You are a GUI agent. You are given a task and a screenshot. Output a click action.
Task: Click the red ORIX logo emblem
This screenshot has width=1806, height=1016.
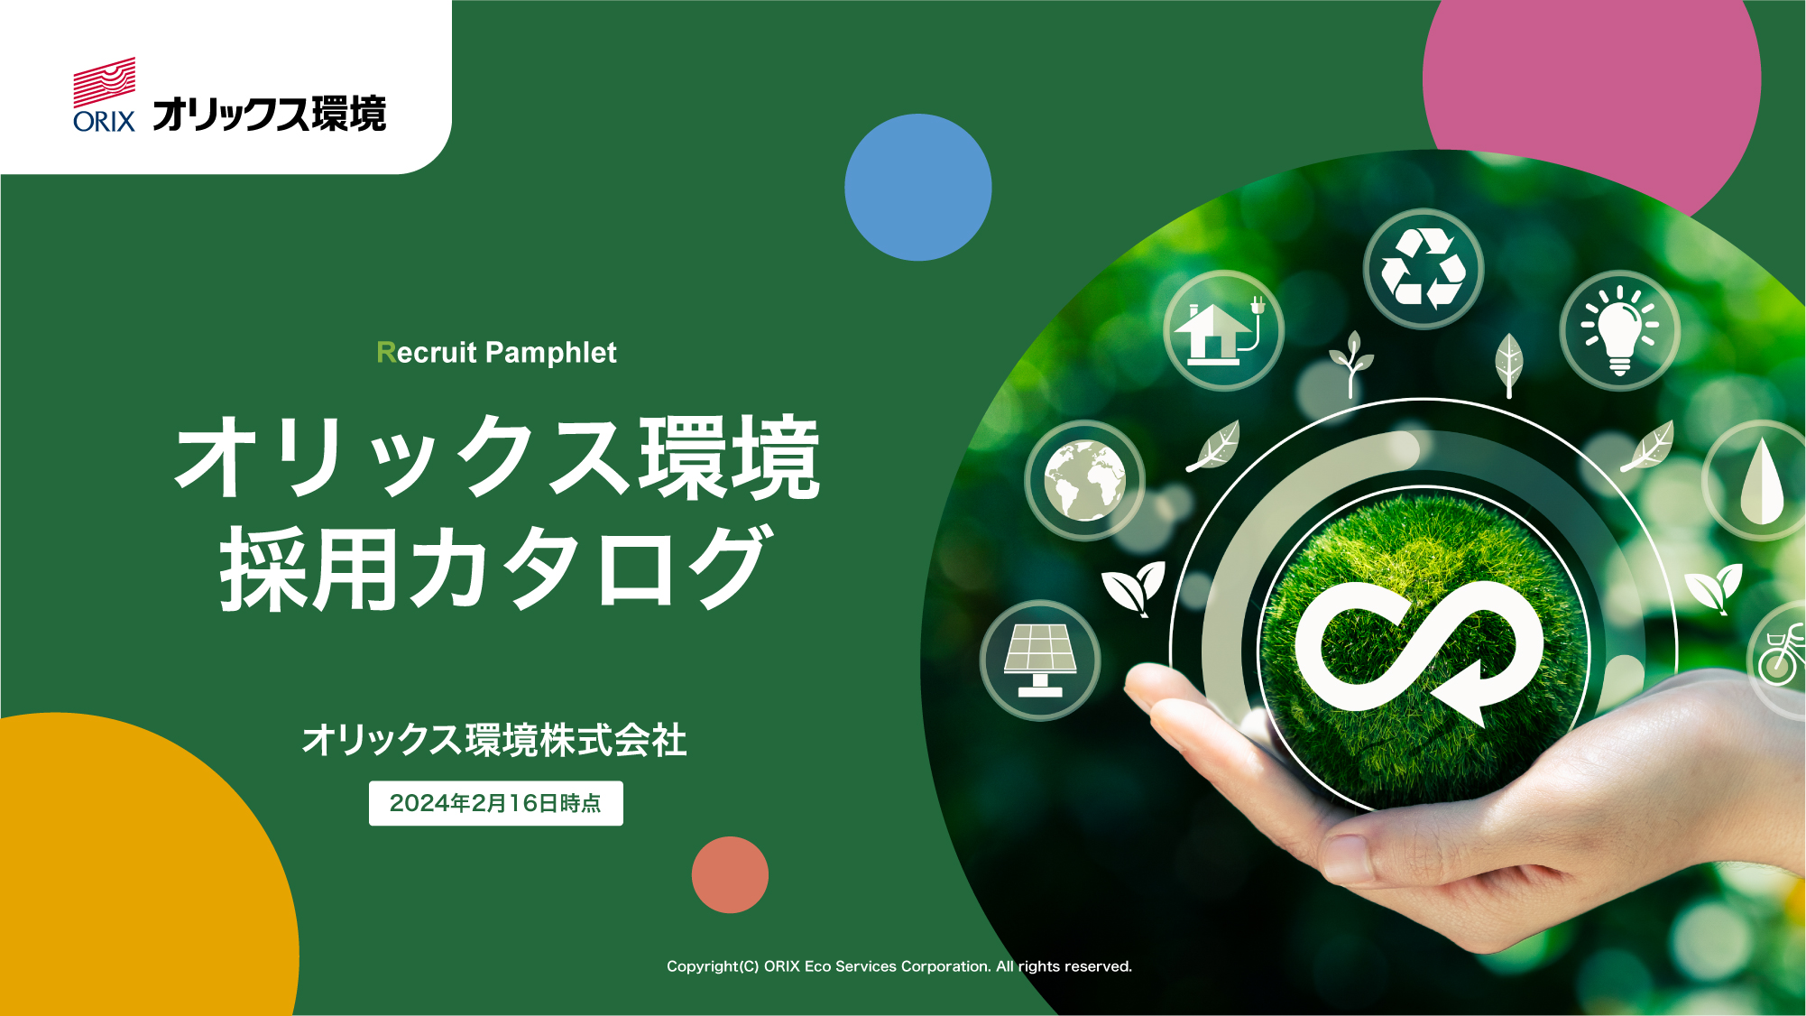coord(105,82)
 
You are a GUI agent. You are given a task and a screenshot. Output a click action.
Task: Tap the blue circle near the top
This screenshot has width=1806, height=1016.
coord(918,188)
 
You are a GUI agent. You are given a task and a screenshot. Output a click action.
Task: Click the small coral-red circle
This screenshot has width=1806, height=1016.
coord(730,874)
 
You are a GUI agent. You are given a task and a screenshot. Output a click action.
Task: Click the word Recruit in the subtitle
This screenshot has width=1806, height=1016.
coord(427,352)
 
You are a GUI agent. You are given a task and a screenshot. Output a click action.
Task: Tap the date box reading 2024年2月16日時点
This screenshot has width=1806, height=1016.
coord(495,803)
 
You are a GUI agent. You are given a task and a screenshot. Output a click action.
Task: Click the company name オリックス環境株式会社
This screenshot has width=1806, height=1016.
coord(494,740)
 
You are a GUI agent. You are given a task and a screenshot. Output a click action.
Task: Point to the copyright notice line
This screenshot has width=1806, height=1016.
coord(898,966)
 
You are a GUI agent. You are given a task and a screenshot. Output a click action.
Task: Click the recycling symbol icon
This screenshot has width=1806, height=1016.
coord(1424,269)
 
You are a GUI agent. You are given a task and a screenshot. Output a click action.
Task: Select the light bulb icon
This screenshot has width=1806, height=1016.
coord(1620,330)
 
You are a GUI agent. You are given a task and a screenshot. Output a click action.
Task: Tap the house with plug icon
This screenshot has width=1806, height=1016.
coord(1223,330)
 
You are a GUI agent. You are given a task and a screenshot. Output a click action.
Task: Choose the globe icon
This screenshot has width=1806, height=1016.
coord(1085,481)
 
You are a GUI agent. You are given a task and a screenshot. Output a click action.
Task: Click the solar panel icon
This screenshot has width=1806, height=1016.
coord(1040,660)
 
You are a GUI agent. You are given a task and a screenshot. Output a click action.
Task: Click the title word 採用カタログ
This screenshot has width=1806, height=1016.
coord(495,568)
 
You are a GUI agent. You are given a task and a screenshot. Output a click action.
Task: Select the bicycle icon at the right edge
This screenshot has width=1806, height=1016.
coord(1779,658)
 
